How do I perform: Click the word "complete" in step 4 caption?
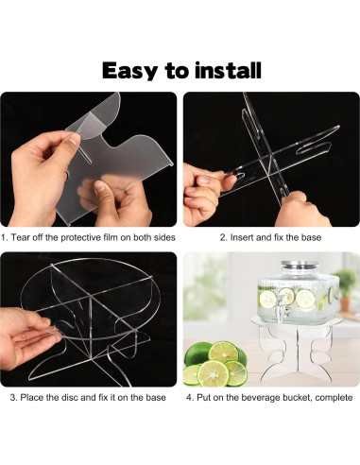[334, 398]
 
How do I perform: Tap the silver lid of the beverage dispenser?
[298, 265]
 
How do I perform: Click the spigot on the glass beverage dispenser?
[283, 308]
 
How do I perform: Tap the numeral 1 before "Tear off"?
[3, 237]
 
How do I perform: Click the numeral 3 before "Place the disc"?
[13, 397]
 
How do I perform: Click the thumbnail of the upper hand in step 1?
[75, 139]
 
